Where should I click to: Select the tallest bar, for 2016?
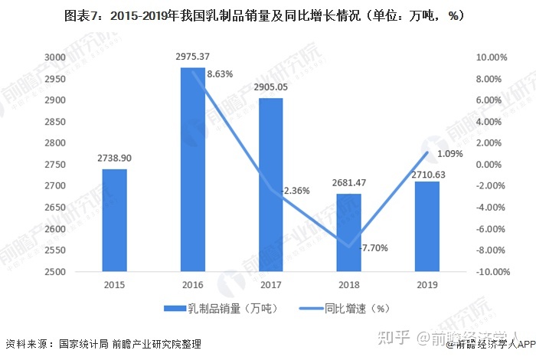point(192,169)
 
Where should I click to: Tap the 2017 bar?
point(270,185)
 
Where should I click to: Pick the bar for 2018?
point(348,233)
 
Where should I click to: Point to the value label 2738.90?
point(115,159)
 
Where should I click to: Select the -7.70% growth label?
point(375,247)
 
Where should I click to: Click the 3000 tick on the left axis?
point(76,57)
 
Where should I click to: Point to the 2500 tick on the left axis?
point(76,272)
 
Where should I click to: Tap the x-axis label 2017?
point(270,284)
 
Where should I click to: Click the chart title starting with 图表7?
point(268,15)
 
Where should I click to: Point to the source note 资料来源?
point(103,344)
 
